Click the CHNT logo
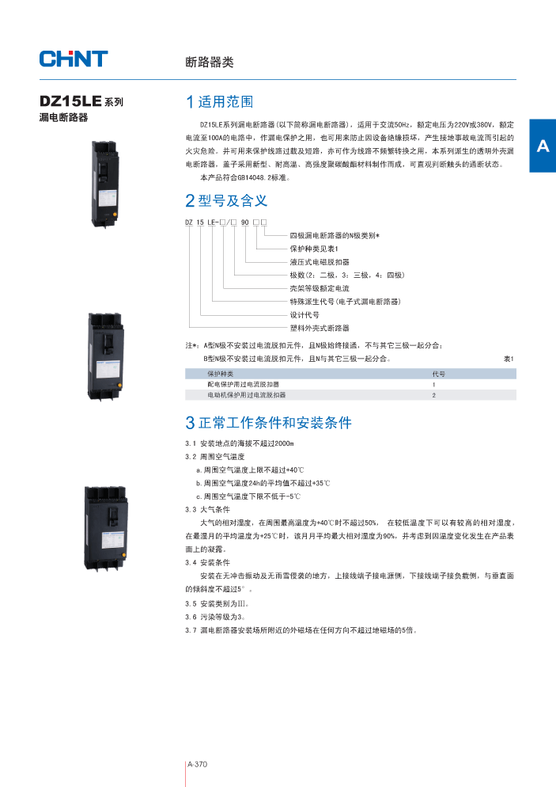[74, 59]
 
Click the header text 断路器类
[209, 63]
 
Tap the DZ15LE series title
[81, 102]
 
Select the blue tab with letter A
[542, 146]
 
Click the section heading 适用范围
[220, 102]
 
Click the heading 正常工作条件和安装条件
[269, 423]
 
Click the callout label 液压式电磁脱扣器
[319, 261]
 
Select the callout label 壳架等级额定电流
[319, 288]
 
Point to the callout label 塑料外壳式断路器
[319, 327]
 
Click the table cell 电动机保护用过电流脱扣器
[247, 394]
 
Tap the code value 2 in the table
[433, 394]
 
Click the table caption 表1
[509, 359]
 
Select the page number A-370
[197, 765]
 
